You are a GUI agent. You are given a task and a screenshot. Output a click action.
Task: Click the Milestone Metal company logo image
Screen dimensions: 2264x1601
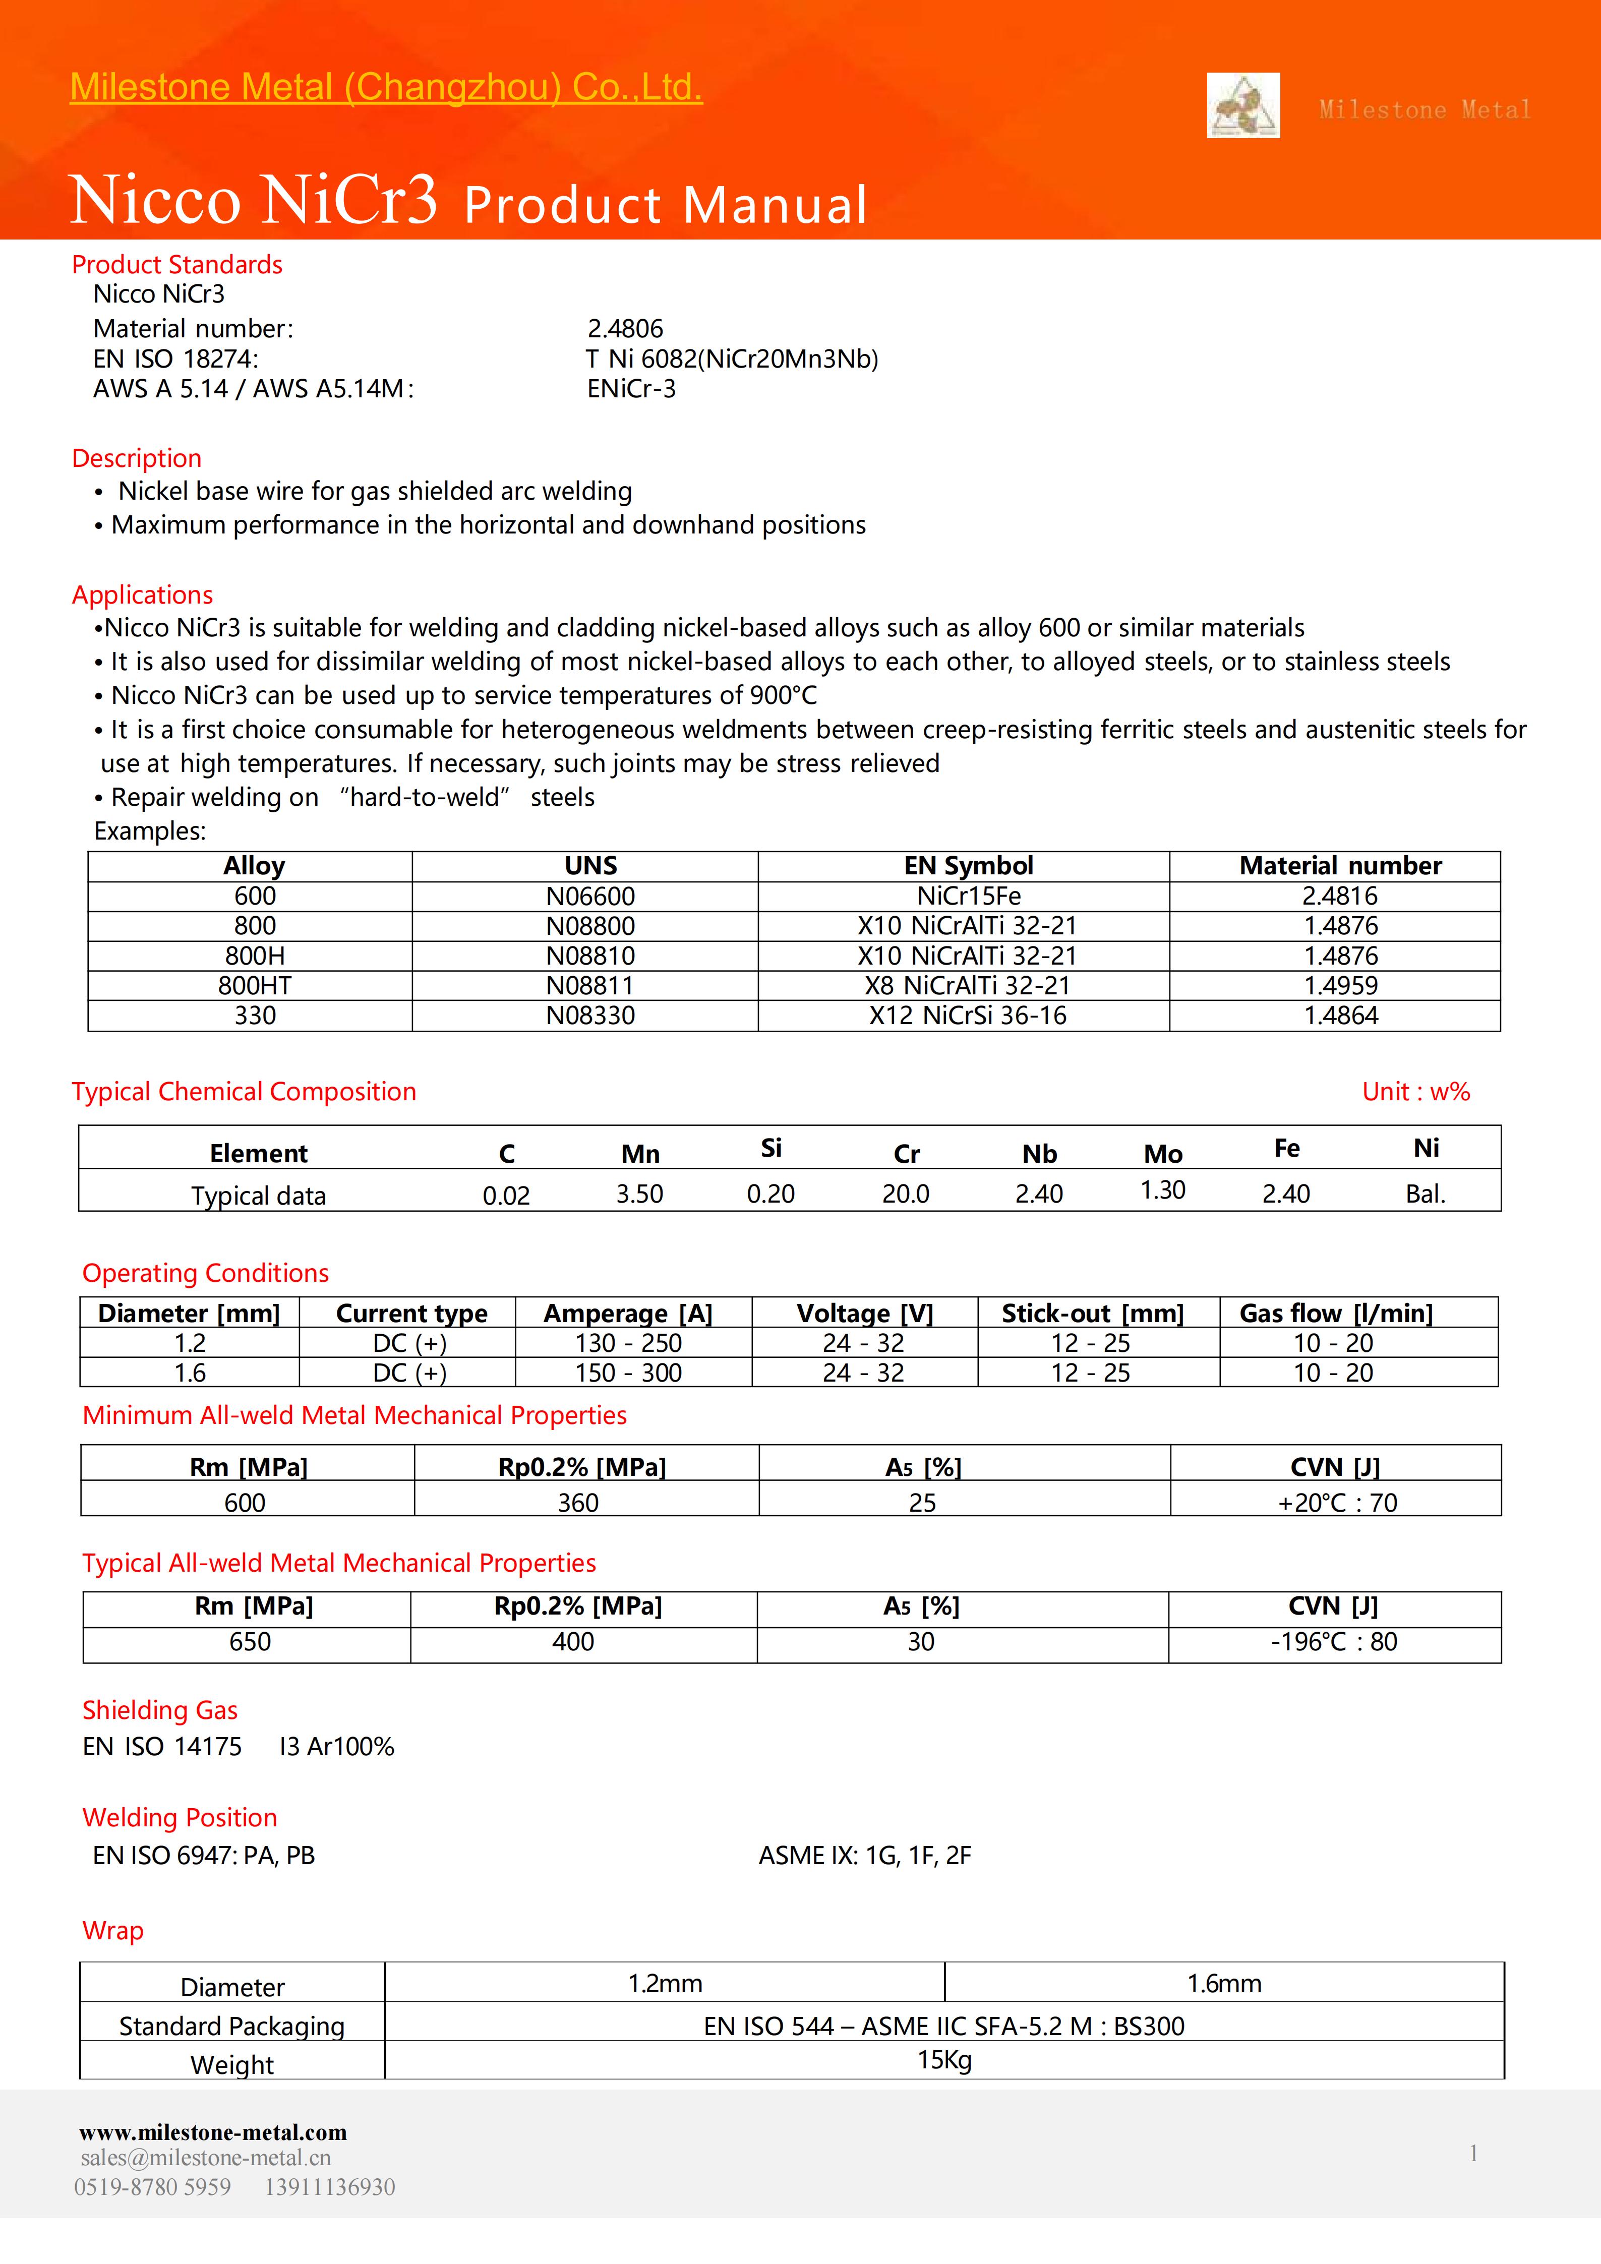point(1243,105)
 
